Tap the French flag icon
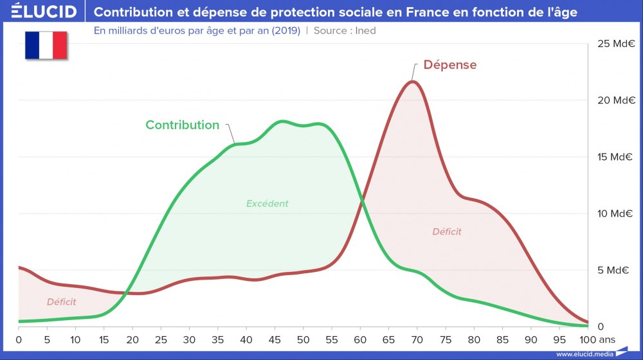46,45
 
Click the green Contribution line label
182,125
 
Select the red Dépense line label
450,65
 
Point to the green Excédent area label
267,204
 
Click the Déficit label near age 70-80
446,231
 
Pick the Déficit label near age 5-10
61,301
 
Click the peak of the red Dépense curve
413,81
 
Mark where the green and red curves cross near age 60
362,201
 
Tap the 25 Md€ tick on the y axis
616,44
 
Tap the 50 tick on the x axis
303,339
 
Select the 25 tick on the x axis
161,339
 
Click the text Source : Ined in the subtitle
345,30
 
